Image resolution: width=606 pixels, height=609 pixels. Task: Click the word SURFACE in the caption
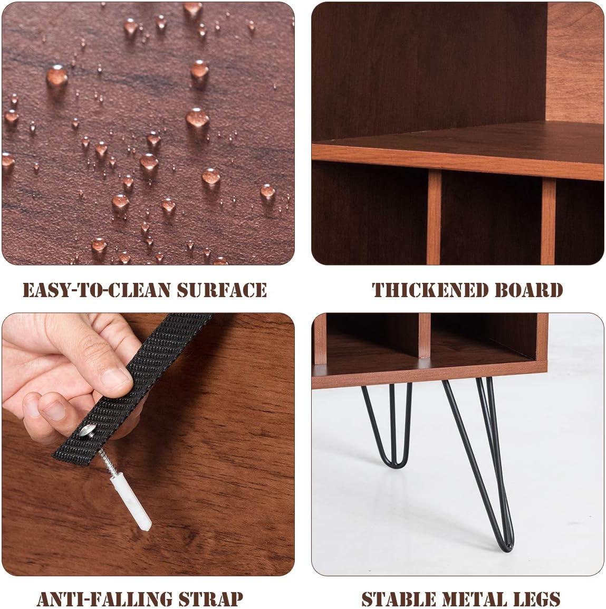[x=222, y=290]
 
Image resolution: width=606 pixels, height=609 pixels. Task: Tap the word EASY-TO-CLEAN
[x=97, y=290]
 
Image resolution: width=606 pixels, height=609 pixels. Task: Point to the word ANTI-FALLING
[x=104, y=598]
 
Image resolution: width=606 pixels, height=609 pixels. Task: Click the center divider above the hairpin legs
[x=425, y=336]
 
